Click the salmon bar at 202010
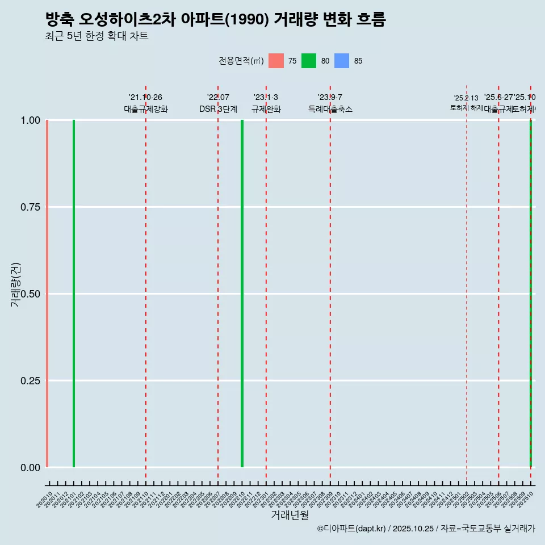(x=47, y=294)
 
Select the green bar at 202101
(x=74, y=294)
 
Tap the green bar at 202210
(x=242, y=294)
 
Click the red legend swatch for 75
(x=276, y=61)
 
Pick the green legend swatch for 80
(x=309, y=61)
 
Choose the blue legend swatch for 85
(x=342, y=61)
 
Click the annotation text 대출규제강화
(x=146, y=109)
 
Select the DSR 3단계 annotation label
(x=218, y=109)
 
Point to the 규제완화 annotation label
(x=266, y=109)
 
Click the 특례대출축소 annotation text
(x=330, y=109)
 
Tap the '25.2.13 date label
(x=466, y=98)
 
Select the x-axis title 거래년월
(x=290, y=515)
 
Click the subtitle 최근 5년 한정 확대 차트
(x=97, y=36)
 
